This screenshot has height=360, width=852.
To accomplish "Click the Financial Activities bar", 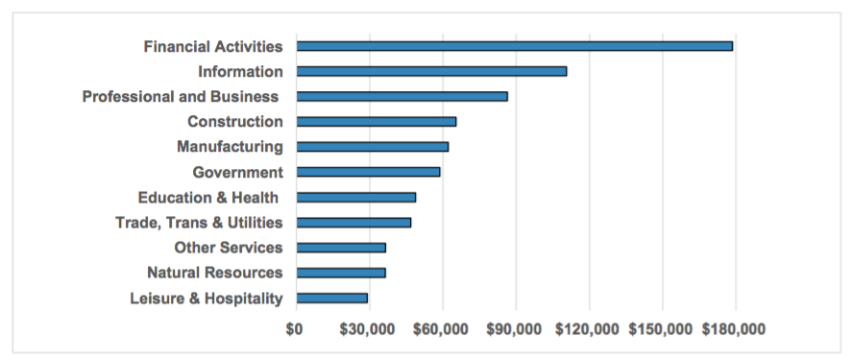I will (x=514, y=46).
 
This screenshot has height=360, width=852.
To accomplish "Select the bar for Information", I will (x=431, y=71).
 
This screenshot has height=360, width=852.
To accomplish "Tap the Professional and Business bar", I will (x=402, y=96).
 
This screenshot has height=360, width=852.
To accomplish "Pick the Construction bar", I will (x=376, y=122).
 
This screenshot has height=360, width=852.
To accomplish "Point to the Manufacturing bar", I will (x=372, y=147).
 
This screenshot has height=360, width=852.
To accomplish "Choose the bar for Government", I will (x=368, y=172).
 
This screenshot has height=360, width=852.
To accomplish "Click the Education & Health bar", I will (x=355, y=197).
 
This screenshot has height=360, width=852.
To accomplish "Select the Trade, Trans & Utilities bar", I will (x=353, y=223).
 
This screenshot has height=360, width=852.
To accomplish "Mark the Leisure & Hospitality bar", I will (x=331, y=298).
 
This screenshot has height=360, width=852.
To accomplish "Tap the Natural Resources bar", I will (x=341, y=273).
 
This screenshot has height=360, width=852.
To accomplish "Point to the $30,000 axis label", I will (x=369, y=329).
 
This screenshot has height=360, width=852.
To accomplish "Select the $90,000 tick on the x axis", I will (x=515, y=329).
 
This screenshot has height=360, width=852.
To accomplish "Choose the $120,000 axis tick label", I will (x=588, y=329).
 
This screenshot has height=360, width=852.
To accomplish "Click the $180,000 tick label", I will (x=735, y=329).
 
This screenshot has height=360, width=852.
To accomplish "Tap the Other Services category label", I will (x=229, y=248).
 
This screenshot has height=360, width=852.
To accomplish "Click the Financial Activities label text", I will (x=213, y=46).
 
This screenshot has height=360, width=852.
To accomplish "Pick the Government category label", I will (x=237, y=172).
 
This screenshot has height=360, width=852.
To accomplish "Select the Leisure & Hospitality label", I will (x=207, y=298).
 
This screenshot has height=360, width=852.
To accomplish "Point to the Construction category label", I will (x=235, y=122).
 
